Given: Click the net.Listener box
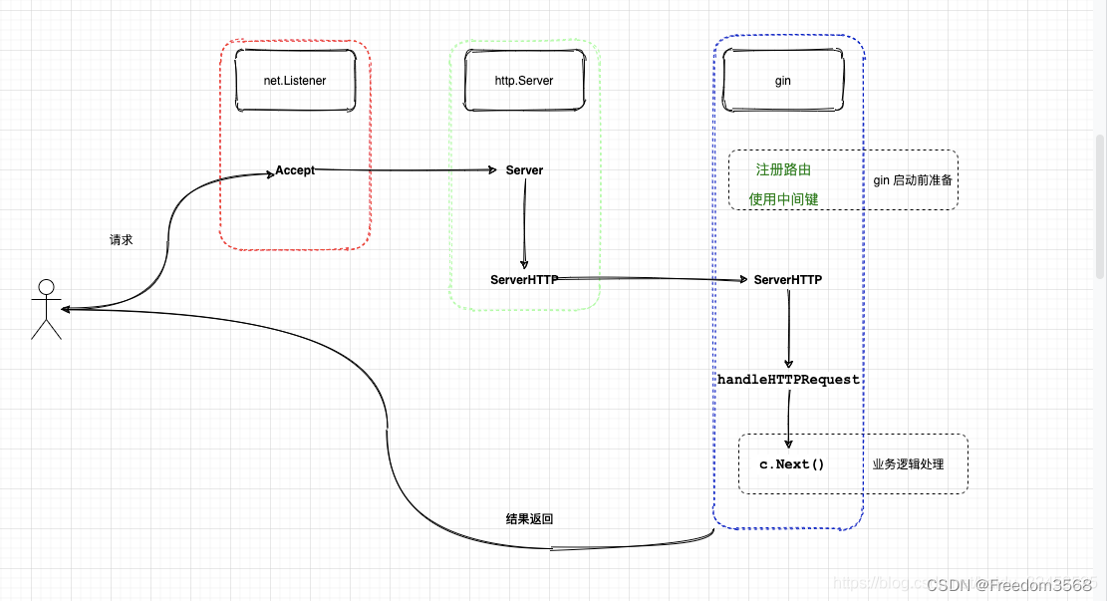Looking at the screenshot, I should coord(295,81).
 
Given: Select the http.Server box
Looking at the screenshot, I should coord(524,81).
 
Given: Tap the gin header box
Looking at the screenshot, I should coord(782,81).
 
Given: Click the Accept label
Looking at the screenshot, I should coord(295,170).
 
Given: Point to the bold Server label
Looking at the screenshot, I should coord(524,170).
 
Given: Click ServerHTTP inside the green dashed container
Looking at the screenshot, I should coord(524,280).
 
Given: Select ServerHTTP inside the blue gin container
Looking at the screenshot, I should coord(788,280).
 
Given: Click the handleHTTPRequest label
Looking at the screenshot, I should coord(788,380).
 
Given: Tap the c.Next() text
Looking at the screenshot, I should coord(792,464).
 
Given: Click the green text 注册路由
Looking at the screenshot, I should coord(783,169).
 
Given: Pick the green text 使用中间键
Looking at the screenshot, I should coord(783,199).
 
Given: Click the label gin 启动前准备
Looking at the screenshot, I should coord(912,180).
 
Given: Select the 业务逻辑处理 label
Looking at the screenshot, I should coord(907,464).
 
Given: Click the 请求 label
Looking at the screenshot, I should coord(121,240).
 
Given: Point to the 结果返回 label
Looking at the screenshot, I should coord(529,519).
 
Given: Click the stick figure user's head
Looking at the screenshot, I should coord(46,288).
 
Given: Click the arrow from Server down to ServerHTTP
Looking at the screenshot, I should coord(524,224).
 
